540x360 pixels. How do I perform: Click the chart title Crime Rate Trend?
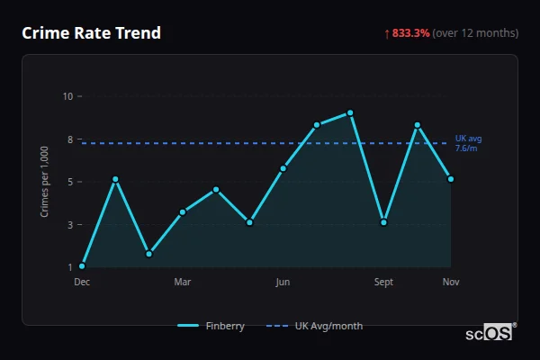tap(91, 33)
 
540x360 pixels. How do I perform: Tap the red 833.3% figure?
tap(410, 33)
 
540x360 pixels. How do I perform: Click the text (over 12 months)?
tap(475, 33)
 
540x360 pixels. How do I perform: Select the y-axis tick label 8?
tap(68, 139)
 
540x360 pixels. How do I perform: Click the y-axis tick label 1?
tap(68, 267)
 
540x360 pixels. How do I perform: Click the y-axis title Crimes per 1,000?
tap(45, 182)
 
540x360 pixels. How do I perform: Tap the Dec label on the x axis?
tap(82, 283)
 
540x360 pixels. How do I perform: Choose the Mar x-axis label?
tap(182, 283)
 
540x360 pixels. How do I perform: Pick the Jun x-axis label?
tap(283, 283)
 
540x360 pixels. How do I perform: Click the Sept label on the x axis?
tap(383, 283)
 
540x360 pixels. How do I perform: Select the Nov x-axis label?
tap(451, 283)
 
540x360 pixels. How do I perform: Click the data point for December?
tap(82, 266)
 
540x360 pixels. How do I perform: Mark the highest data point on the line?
tap(350, 113)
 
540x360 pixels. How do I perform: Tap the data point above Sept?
tap(383, 222)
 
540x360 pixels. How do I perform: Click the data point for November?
tap(451, 179)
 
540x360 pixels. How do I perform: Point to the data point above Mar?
tap(183, 212)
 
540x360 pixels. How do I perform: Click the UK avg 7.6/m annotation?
tap(468, 143)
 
